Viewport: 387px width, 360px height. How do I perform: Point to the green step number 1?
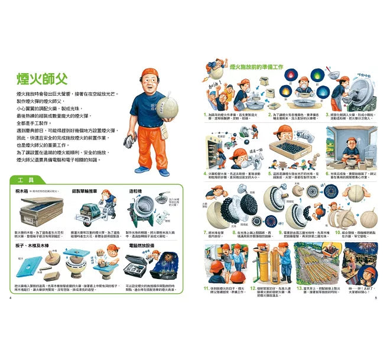tap(204, 114)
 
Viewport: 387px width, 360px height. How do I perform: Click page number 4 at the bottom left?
tap(11, 298)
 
